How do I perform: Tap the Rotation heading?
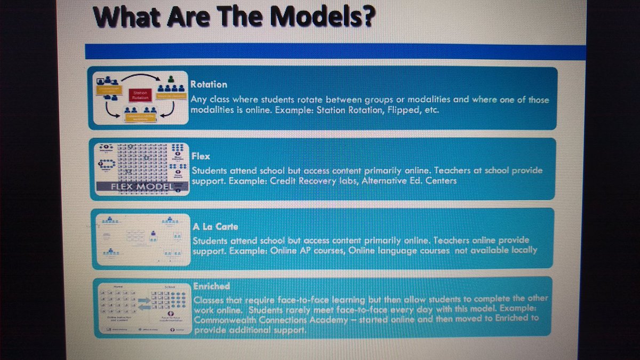[x=209, y=84]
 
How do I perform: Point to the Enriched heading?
[x=211, y=287]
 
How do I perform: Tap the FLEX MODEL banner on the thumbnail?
[x=141, y=187]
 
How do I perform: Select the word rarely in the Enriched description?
[x=310, y=309]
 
